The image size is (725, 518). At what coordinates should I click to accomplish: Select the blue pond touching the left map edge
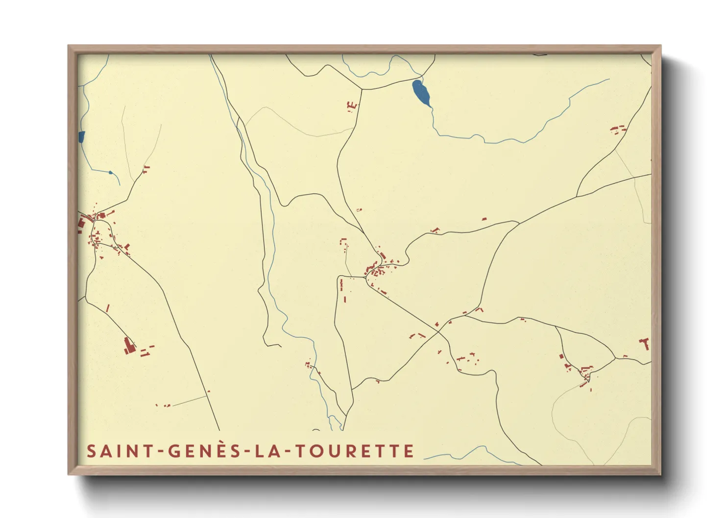point(81,137)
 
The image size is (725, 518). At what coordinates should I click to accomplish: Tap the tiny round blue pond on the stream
point(111,172)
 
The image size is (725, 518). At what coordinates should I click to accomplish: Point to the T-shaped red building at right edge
point(646,343)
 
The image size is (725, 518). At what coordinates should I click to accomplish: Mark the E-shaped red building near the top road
point(351,105)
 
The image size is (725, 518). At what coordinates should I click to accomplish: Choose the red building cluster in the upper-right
point(618,129)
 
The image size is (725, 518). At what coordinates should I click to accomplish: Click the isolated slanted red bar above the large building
point(108,308)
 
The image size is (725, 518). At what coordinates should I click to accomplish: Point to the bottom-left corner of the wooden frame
point(69,473)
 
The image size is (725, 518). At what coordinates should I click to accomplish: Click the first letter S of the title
point(91,451)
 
